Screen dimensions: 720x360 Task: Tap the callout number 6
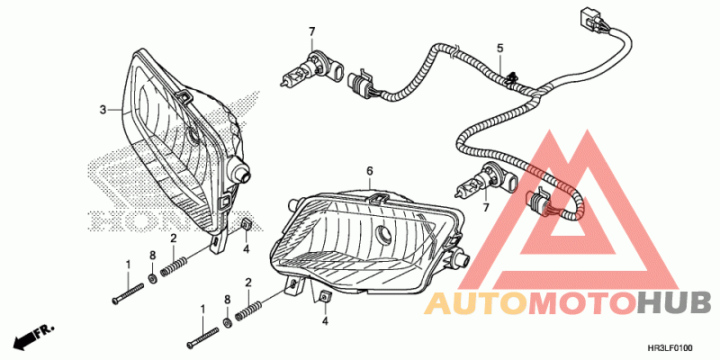pyautogui.click(x=369, y=170)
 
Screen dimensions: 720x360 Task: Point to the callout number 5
pyautogui.click(x=500, y=47)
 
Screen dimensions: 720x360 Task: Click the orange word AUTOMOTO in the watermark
pyautogui.click(x=530, y=303)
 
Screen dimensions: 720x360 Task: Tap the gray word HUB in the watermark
pyautogui.click(x=674, y=303)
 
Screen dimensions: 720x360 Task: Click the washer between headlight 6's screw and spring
pyautogui.click(x=227, y=322)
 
